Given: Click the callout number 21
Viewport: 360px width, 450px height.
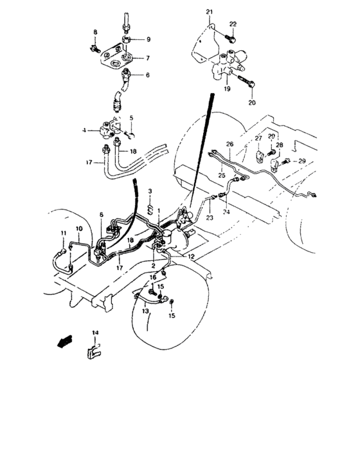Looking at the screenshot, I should [209, 12].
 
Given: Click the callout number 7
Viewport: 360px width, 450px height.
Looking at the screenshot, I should [147, 58].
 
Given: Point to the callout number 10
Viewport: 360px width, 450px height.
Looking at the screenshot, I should [79, 229].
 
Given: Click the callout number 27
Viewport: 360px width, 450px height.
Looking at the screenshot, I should [258, 138].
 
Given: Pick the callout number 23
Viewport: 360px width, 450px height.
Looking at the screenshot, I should [209, 218].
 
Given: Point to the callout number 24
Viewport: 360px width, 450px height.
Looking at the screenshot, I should [226, 210].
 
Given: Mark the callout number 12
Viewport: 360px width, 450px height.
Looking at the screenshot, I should [192, 256].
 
